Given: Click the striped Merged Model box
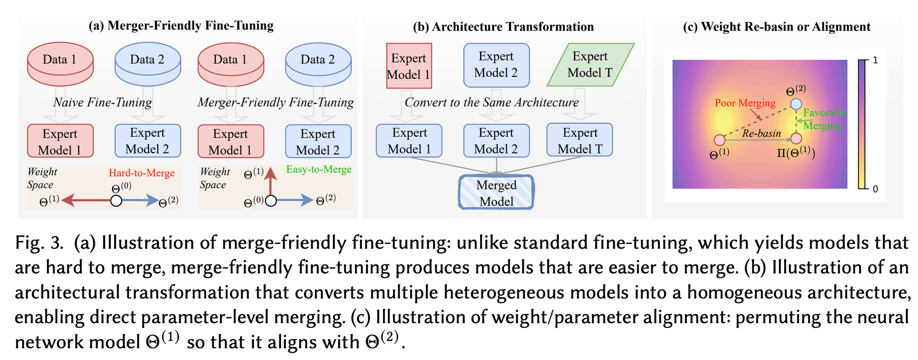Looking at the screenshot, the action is (496, 193).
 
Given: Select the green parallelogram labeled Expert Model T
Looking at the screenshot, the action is (590, 65).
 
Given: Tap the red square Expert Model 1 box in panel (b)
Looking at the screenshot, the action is (409, 66).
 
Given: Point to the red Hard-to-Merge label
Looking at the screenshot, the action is (142, 173).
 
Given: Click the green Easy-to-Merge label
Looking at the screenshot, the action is (319, 169).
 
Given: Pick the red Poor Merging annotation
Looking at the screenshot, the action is (745, 103).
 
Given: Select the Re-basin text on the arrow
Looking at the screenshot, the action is (761, 133).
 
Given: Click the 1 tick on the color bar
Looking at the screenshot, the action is (875, 60).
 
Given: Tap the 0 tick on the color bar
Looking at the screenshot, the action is (875, 189).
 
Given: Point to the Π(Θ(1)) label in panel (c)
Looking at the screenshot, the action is (796, 153).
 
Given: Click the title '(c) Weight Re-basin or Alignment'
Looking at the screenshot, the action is (776, 27).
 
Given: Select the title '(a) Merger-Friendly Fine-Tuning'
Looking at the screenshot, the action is (181, 25).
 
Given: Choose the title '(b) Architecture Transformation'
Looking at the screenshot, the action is (503, 27).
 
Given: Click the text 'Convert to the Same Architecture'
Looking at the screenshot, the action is (492, 102).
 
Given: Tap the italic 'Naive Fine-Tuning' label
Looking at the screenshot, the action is (102, 102).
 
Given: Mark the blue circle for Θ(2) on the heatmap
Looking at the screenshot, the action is (796, 104).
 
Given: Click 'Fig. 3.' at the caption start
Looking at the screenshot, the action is (39, 243).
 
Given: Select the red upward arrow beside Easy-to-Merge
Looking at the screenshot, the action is (271, 181).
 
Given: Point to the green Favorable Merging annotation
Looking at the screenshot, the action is (824, 119).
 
